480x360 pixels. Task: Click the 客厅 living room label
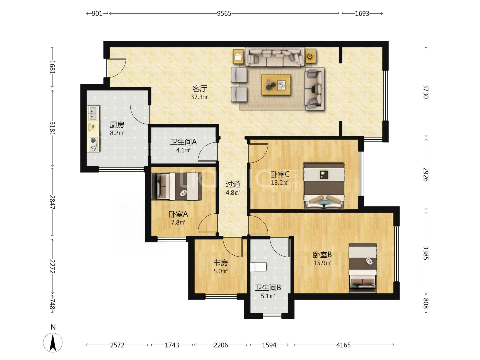(x=200, y=89)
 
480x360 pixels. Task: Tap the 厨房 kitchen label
(x=117, y=125)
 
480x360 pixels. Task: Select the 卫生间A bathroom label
(x=183, y=142)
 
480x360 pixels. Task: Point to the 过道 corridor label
(x=233, y=184)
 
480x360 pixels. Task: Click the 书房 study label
(x=221, y=263)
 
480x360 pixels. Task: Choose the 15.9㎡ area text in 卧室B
(x=322, y=263)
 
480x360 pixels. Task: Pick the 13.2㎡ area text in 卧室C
(x=280, y=183)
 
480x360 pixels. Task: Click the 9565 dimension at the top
(x=224, y=14)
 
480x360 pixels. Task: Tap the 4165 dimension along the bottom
(x=344, y=345)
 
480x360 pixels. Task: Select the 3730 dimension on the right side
(x=426, y=92)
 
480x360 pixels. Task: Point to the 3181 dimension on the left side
(x=52, y=128)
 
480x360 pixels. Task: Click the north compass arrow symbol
(x=53, y=343)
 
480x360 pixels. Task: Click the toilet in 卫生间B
(x=258, y=267)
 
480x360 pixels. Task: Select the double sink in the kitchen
(x=94, y=113)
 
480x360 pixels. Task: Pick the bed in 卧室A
(x=177, y=186)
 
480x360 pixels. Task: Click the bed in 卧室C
(x=324, y=186)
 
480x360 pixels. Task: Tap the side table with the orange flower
(x=311, y=56)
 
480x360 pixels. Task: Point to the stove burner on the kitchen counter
(x=93, y=140)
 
